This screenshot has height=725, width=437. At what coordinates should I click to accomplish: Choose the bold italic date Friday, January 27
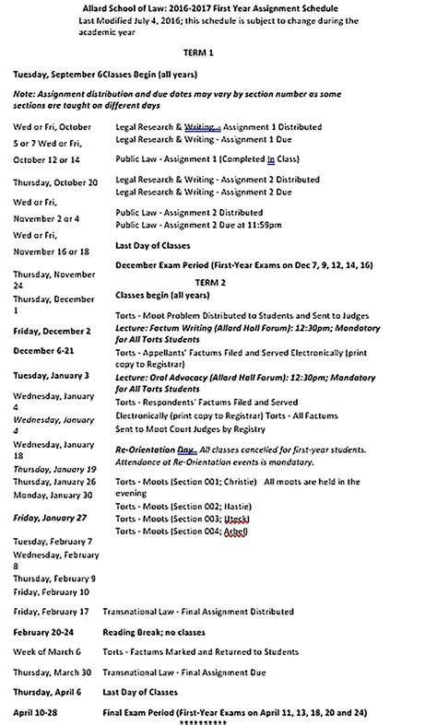(50, 518)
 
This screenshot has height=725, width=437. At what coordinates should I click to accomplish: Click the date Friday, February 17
(51, 611)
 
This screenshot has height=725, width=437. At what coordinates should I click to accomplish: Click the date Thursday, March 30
(52, 673)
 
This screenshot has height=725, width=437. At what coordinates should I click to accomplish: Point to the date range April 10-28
(41, 713)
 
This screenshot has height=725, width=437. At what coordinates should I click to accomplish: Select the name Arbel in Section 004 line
(236, 532)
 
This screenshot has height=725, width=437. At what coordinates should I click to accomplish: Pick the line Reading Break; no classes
(158, 633)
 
